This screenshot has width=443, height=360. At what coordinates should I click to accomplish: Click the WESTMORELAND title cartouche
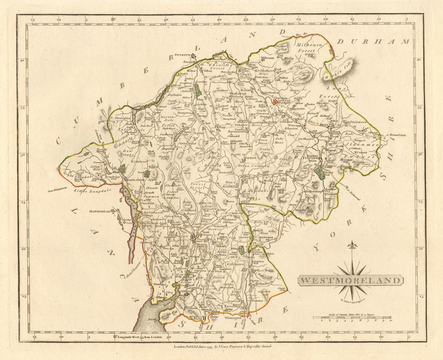tap(350, 280)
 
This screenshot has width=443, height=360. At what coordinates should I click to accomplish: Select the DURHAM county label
tap(373, 41)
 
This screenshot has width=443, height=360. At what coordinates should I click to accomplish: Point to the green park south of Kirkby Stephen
tap(320, 173)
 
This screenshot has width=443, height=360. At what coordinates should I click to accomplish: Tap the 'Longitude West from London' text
tap(140, 337)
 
